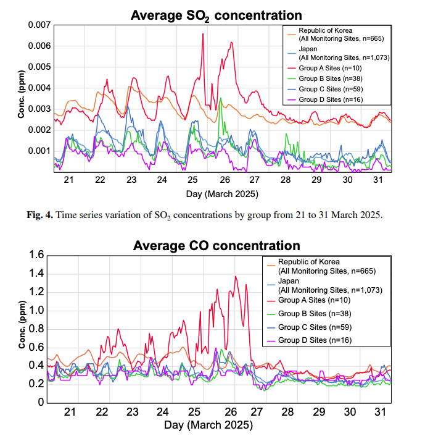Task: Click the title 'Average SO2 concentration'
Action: tap(216, 15)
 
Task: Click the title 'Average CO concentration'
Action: tap(216, 246)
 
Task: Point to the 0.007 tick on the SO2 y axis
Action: tap(39, 25)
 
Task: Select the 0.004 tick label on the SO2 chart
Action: tap(39, 88)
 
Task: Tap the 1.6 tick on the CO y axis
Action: tap(36, 255)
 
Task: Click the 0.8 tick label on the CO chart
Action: tap(36, 329)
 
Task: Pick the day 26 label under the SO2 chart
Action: tap(225, 180)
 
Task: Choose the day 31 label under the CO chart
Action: tap(380, 412)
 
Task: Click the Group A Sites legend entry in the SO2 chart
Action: tap(324, 68)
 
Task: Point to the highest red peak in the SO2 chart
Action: tap(203, 34)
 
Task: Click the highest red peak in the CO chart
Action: tap(236, 277)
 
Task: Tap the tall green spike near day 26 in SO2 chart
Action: tap(221, 98)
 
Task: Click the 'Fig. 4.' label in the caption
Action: tap(39, 215)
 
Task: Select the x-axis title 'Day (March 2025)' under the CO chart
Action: tap(208, 425)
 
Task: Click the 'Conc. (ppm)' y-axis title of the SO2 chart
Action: tap(22, 94)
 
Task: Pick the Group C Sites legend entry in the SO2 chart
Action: tap(325, 89)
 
